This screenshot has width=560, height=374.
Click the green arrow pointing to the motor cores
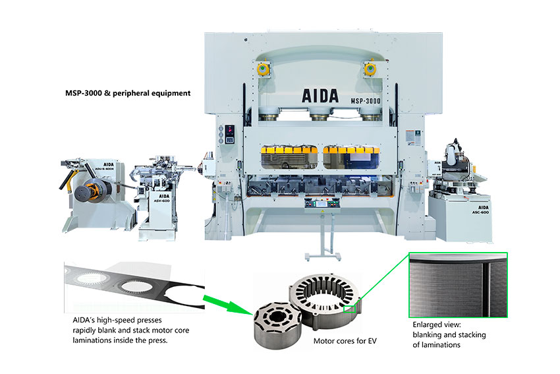tap(228, 302)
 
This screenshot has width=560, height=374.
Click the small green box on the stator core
tap(350, 307)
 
